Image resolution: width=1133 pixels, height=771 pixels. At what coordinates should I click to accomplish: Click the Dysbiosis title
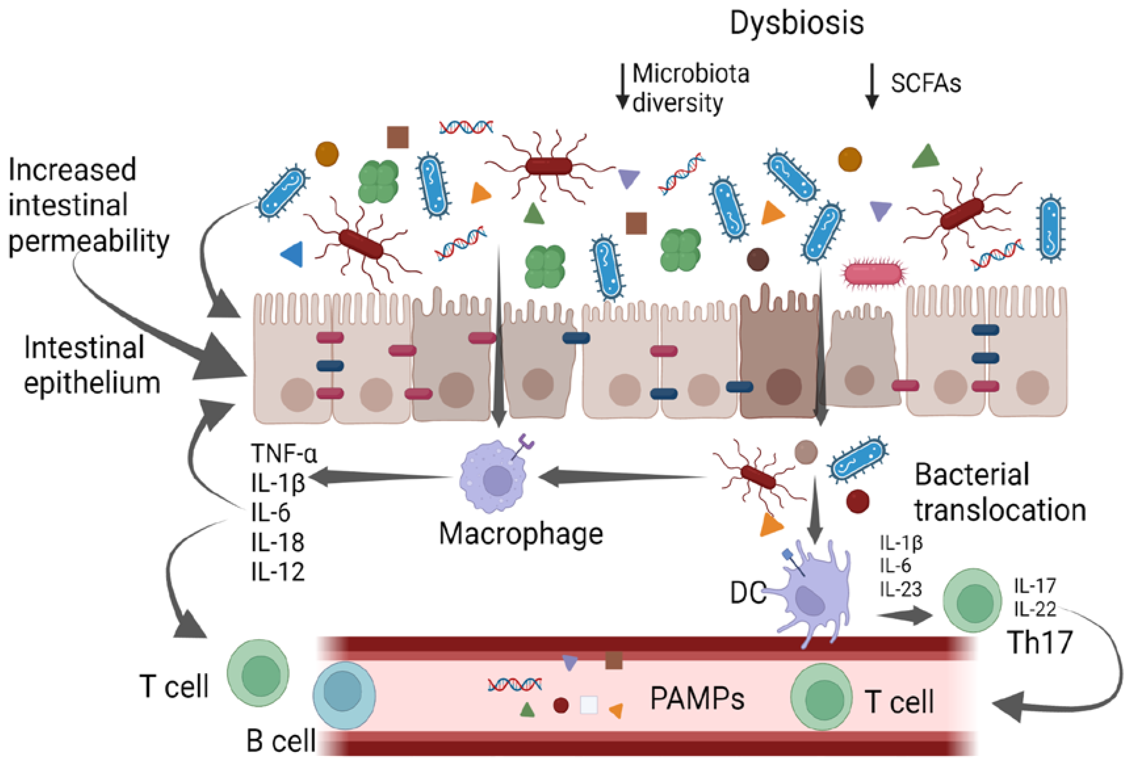[796, 23]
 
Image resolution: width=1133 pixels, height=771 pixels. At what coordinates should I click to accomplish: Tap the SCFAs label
[925, 83]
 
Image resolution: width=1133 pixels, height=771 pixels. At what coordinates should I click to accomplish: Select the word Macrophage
[521, 534]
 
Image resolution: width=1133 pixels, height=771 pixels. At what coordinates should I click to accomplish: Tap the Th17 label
[1039, 642]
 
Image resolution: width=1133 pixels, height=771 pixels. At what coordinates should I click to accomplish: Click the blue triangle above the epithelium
[293, 254]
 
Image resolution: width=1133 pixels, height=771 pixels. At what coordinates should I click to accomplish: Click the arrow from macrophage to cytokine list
[380, 477]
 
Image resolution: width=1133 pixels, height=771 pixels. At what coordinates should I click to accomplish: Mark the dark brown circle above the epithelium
[758, 259]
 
